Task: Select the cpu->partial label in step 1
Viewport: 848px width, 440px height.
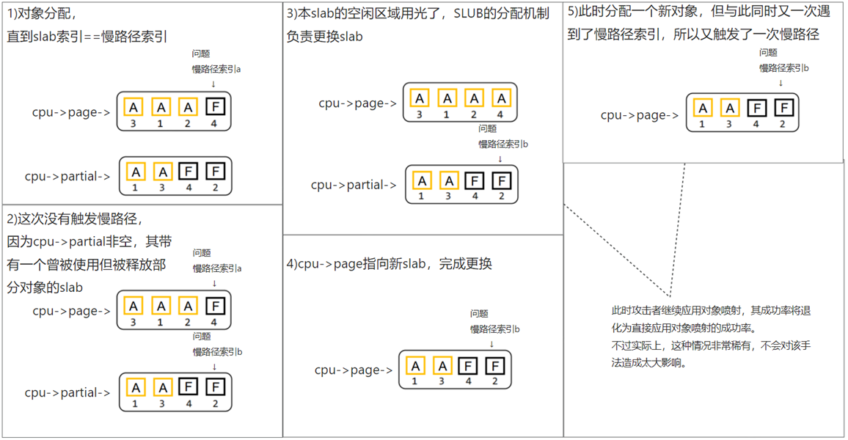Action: tap(67, 176)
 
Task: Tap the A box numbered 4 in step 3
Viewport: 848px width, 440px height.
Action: tap(501, 98)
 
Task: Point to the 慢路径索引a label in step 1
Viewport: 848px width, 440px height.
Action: tap(216, 69)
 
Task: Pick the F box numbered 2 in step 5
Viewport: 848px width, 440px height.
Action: tap(783, 109)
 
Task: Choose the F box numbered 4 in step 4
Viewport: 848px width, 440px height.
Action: tap(468, 365)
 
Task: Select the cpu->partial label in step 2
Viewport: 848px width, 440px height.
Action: tap(67, 392)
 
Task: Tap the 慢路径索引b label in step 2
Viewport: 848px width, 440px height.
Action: tap(217, 352)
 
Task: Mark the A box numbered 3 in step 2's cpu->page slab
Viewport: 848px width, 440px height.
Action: tap(133, 306)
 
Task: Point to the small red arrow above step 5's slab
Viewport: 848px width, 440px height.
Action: tap(781, 83)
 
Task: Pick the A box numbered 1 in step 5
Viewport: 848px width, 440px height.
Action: tap(703, 109)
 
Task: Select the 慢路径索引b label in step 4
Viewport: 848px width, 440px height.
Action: tap(495, 329)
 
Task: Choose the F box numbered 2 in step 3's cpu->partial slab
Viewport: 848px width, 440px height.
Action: tap(502, 180)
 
